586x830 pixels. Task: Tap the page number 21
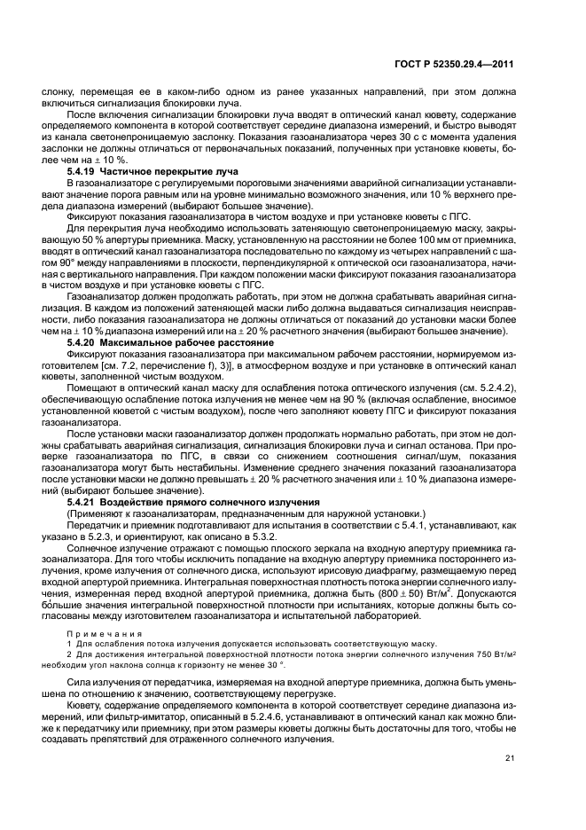(510, 757)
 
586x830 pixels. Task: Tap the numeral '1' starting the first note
(69, 643)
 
